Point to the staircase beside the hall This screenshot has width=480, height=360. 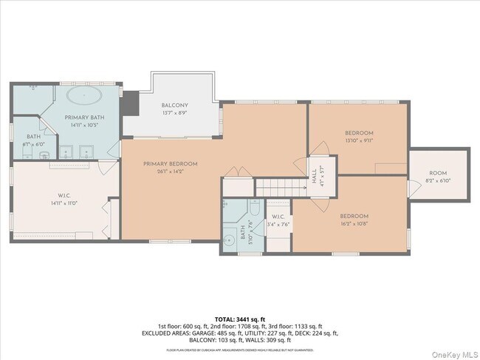coord(280,187)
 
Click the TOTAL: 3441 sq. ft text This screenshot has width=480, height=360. coord(239,319)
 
